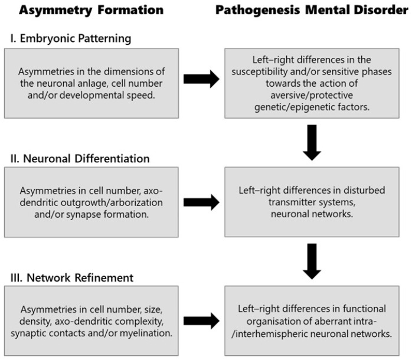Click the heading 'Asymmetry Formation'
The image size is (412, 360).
click(x=91, y=10)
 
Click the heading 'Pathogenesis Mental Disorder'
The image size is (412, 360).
click(x=312, y=10)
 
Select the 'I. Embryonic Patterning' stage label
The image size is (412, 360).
click(x=71, y=38)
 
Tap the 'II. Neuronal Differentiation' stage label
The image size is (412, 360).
click(x=80, y=159)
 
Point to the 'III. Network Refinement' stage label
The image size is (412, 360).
click(x=72, y=278)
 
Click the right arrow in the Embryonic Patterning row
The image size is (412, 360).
click(x=201, y=79)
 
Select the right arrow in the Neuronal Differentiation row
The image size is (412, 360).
click(x=201, y=202)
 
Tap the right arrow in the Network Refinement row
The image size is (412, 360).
click(x=201, y=321)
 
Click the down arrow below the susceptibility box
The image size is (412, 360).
click(x=312, y=142)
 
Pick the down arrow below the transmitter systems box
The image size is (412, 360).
click(x=312, y=261)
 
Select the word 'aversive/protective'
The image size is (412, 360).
click(x=312, y=95)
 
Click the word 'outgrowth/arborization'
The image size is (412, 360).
click(x=112, y=202)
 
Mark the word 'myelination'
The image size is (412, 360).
click(x=146, y=333)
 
